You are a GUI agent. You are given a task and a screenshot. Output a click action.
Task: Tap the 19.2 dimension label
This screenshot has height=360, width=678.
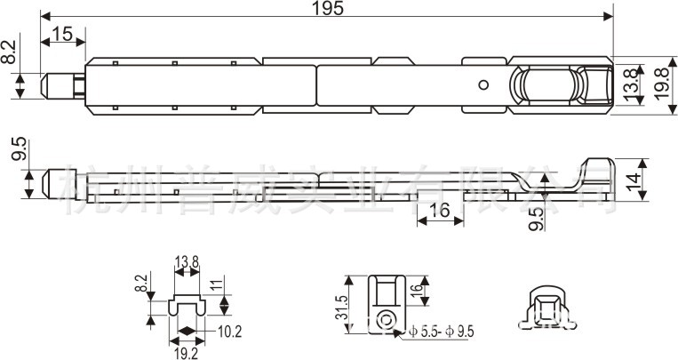[187, 351]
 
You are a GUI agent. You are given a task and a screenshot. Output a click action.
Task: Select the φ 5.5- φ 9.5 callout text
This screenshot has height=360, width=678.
[442, 332]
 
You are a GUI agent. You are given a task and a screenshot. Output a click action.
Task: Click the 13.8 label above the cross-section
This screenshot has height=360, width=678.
[187, 260]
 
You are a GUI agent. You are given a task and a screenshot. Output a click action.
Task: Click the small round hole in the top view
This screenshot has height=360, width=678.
[483, 85]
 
